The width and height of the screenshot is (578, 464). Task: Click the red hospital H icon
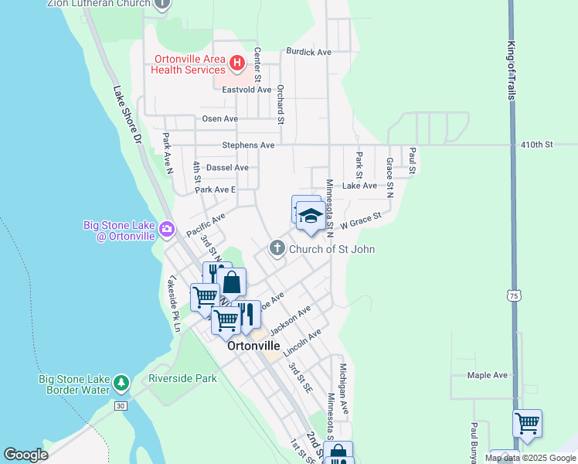pos(237,61)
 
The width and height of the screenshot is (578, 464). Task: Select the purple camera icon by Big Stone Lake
pos(166,229)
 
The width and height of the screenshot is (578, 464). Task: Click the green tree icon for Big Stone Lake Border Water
pos(121,383)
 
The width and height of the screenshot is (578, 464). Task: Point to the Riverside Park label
pos(183,379)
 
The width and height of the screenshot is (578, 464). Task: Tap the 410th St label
pos(538,145)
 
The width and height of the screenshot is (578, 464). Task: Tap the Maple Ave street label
pos(487,375)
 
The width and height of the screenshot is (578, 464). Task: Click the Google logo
pos(25,455)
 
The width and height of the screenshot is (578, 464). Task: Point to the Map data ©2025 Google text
pos(530,458)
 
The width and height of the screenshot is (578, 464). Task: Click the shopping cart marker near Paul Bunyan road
pos(527,424)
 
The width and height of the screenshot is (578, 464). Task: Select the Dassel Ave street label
pos(228,167)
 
